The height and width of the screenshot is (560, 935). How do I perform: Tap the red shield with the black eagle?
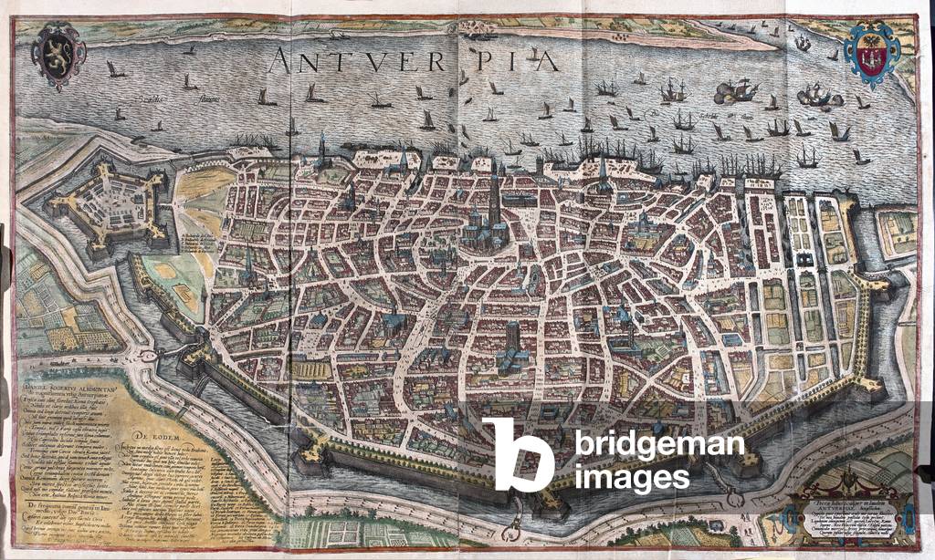pos(872,54)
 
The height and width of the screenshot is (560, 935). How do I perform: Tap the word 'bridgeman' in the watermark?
pos(659,446)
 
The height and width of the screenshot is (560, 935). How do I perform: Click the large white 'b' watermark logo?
pos(518,455)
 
